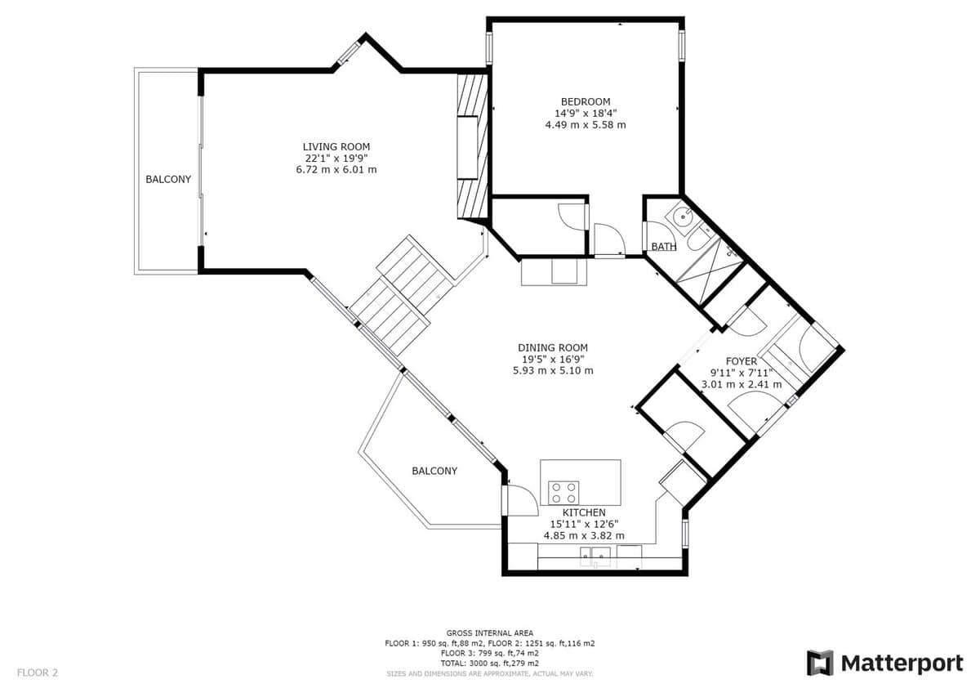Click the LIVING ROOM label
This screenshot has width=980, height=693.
point(336,146)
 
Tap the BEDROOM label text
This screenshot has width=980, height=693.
point(586,101)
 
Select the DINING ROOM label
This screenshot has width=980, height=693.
point(553,347)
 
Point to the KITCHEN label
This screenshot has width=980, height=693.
point(584,512)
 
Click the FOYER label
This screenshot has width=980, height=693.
point(742,361)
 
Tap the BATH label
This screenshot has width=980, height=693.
point(664,247)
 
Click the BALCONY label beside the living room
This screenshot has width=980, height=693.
point(168,179)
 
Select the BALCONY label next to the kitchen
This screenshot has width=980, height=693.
point(434,471)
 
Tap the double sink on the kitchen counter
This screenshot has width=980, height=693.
point(595,557)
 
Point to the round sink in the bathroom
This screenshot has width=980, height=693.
point(682,217)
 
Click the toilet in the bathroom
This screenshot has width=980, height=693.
point(701,237)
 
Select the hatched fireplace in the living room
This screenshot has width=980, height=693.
point(473,146)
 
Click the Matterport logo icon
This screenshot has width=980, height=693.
point(820,663)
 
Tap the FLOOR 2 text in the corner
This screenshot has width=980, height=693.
point(38,673)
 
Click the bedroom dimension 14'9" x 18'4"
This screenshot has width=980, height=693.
point(586,114)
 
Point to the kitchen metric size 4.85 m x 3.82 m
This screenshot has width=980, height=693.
point(584,536)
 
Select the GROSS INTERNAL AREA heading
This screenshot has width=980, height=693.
point(489,633)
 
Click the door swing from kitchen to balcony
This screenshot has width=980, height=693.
point(523,500)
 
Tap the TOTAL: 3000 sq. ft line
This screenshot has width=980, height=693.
point(489,664)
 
